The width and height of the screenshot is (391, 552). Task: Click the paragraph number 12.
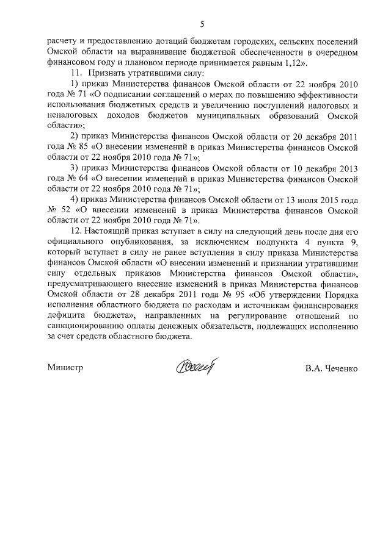[x=77, y=231]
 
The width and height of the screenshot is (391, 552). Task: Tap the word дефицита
[x=67, y=315]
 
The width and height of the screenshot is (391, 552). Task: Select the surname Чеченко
[x=340, y=368]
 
